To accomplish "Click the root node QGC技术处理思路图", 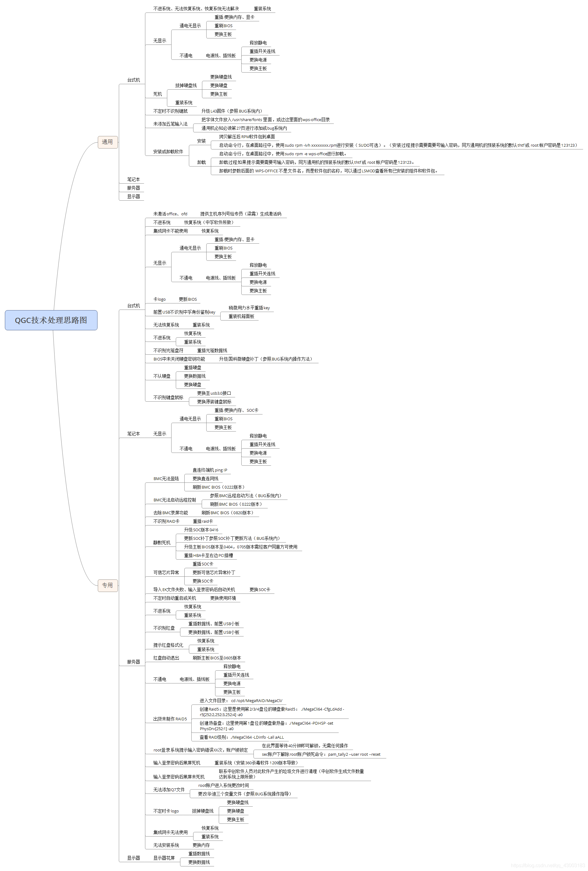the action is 51,320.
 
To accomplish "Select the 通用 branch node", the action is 108,142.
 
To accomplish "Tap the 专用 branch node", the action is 108,585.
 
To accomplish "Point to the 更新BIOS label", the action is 187,299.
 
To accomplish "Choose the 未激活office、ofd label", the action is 170,213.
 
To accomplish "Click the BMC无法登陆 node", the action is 166,479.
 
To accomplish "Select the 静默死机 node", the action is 161,542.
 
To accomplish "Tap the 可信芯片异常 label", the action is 166,572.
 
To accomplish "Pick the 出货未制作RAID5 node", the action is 170,719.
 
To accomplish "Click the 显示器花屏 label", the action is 164,858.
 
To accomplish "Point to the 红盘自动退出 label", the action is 166,658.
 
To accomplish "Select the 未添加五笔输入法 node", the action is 170,124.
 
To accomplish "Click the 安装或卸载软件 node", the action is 168,151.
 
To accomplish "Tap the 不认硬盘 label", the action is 161,376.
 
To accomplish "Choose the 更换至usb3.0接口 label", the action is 214,393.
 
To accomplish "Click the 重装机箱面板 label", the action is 241,316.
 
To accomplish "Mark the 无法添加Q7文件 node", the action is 168,789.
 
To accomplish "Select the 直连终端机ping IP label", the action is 209,470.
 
